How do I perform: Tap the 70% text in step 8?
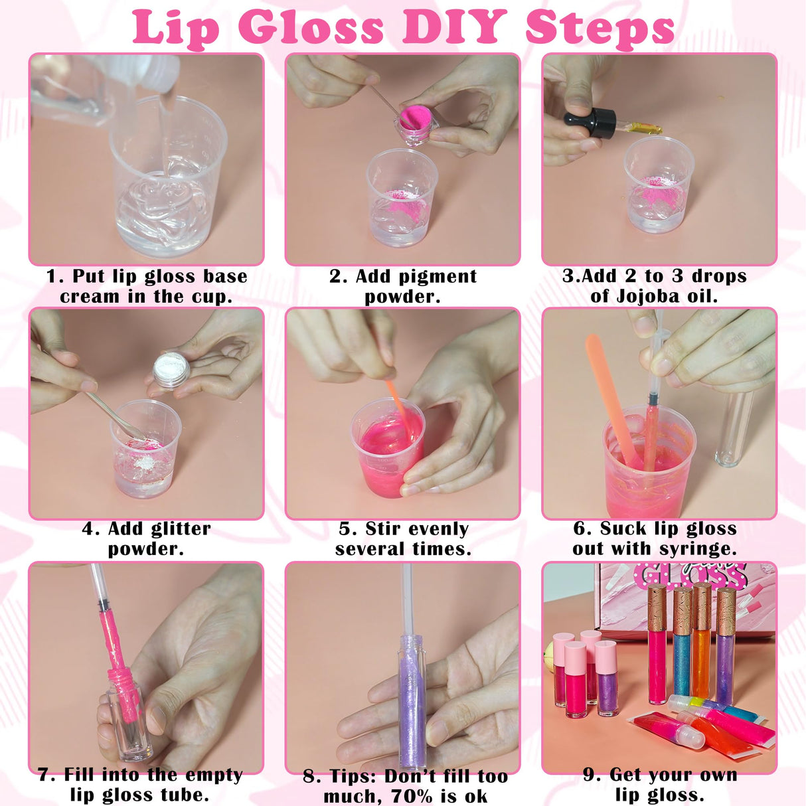pyautogui.click(x=410, y=796)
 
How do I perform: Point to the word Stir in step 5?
pyautogui.click(x=383, y=529)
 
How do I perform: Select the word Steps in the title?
pyautogui.click(x=600, y=28)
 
